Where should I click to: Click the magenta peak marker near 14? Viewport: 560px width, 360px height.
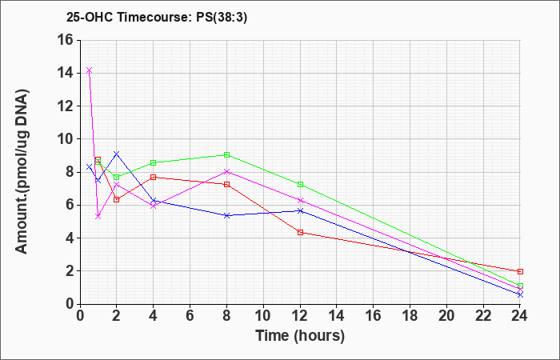point(90,70)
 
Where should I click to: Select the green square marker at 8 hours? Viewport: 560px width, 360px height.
point(226,154)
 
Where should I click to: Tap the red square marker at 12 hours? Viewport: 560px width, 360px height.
point(300,233)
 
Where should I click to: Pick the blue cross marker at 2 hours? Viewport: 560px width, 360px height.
point(117,154)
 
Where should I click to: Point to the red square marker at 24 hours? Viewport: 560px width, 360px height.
point(520,271)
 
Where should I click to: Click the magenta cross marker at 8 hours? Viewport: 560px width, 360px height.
point(226,171)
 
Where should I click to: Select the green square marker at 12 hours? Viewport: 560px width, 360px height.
point(300,184)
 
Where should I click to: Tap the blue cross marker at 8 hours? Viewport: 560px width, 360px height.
point(226,215)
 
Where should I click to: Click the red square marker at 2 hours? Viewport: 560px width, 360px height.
point(117,200)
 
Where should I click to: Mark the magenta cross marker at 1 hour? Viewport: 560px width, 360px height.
point(98,217)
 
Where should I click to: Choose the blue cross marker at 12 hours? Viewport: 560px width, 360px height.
point(300,210)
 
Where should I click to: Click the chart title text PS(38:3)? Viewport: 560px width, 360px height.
point(222,18)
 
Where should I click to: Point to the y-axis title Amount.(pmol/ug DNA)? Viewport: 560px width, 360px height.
point(22,171)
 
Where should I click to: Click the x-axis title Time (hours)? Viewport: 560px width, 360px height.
point(300,336)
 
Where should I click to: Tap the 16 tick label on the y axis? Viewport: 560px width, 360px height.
point(66,40)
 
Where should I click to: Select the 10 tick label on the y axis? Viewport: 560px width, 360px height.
point(66,139)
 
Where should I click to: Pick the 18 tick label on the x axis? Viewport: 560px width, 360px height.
point(410,316)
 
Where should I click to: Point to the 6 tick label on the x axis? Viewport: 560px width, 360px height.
point(190,316)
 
